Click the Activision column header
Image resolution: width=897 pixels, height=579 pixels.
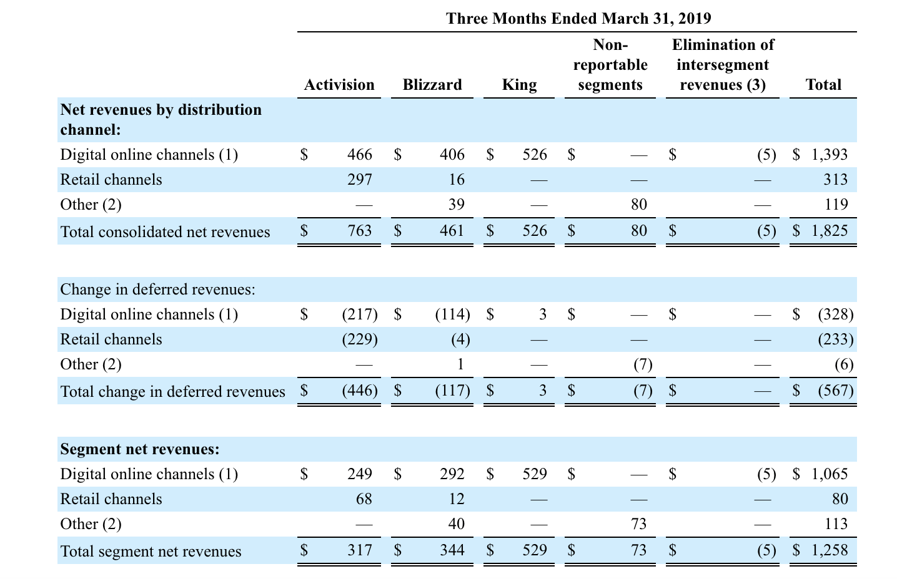pos(339,85)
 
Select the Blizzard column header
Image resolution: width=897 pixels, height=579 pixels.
pos(432,85)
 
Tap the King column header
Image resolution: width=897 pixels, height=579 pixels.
pos(519,85)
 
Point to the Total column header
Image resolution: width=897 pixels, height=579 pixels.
pos(823,85)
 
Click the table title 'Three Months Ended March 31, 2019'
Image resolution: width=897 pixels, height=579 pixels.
pos(578,18)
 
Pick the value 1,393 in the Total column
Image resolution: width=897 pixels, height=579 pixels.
pos(830,154)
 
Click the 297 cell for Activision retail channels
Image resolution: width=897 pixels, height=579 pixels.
pos(360,179)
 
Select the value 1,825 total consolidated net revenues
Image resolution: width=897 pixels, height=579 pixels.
pos(830,231)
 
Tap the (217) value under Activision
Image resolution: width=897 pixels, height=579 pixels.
pos(360,314)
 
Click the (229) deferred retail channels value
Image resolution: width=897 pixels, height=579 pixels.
pos(360,339)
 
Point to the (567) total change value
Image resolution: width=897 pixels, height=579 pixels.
pos(835,391)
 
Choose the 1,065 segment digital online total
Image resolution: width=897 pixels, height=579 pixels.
pos(830,474)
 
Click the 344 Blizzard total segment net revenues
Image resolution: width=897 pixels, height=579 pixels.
pos(452,550)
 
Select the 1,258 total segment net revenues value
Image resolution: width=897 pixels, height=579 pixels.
pos(830,550)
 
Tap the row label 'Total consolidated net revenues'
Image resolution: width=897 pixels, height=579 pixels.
pos(165,232)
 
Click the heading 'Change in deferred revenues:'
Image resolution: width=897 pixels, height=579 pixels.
pos(157,289)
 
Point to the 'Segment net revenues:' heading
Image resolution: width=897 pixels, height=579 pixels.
pos(140,449)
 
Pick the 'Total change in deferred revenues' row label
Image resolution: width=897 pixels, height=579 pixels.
pos(172,391)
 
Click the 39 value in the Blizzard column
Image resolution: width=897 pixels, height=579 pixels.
pos(456,204)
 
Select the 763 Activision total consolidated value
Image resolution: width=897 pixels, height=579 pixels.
pos(360,231)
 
